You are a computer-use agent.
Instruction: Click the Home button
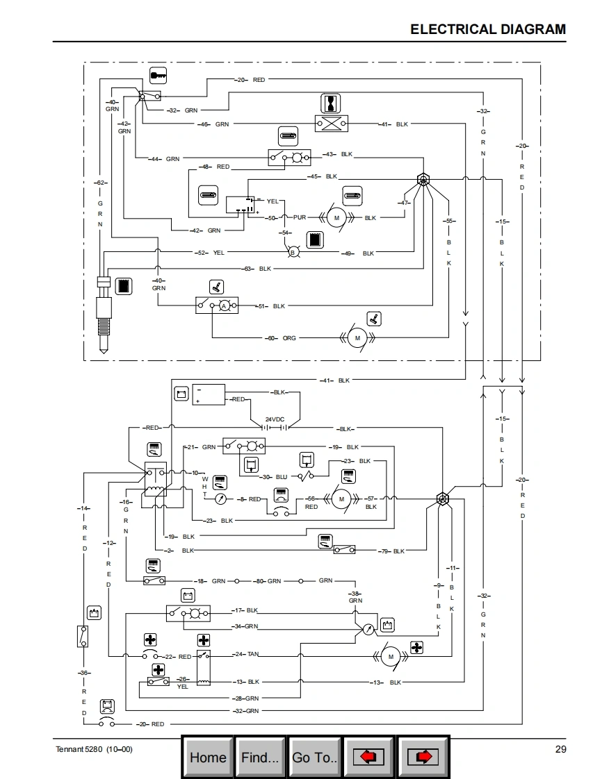(208, 757)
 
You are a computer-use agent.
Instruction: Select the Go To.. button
(315, 757)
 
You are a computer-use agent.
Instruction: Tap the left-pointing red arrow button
(369, 757)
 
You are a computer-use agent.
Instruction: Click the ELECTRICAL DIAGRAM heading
(488, 29)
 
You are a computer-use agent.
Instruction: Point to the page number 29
(561, 748)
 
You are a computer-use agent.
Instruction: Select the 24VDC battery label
(275, 419)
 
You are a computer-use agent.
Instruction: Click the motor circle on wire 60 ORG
(357, 338)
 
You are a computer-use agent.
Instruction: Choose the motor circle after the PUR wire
(336, 218)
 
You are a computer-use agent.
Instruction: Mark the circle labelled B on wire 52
(293, 253)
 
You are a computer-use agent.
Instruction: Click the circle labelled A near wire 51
(224, 305)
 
